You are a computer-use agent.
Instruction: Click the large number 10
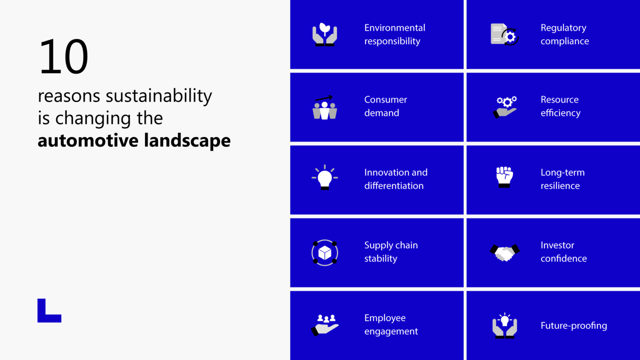64,57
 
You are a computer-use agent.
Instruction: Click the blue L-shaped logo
49,311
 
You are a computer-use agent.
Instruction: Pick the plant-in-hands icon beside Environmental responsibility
325,35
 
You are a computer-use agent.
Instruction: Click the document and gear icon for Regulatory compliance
504,35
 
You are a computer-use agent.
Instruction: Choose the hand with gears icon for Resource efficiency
505,107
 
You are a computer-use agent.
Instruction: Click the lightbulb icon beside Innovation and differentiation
325,178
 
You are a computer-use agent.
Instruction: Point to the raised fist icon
504,177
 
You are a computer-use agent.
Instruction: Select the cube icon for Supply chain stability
325,252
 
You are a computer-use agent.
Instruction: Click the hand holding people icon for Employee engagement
325,325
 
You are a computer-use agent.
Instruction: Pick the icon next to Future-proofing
505,325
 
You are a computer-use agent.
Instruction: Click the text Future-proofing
573,325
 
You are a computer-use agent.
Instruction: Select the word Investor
557,245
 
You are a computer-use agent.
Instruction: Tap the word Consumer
385,100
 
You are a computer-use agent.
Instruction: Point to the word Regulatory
563,28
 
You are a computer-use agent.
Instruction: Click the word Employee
385,318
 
